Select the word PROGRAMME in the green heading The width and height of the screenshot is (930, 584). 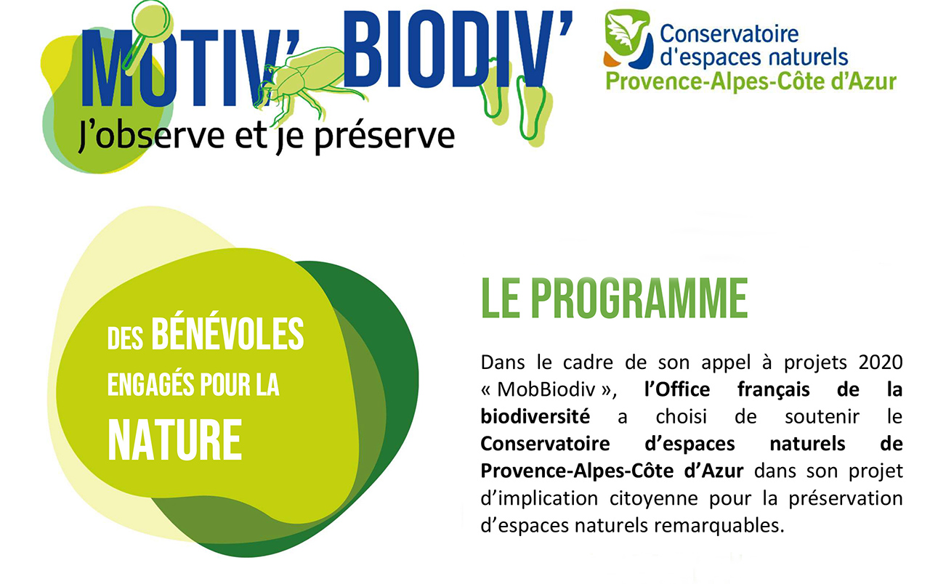pos(640,298)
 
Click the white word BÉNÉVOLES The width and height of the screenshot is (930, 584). pos(227,334)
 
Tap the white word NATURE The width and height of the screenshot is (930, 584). pos(175,440)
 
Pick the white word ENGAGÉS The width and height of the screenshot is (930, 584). pos(151,385)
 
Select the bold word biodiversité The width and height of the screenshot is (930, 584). pos(535,416)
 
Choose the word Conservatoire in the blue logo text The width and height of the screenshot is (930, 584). pos(729,33)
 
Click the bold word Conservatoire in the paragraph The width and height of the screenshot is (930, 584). pos(545,444)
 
